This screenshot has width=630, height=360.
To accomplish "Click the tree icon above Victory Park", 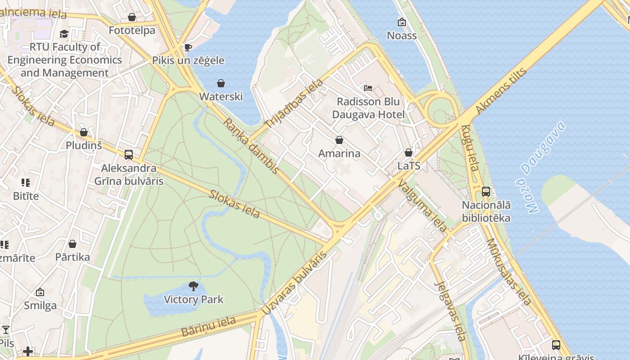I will pos(193,286).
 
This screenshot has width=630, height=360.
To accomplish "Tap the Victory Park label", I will pos(193,299).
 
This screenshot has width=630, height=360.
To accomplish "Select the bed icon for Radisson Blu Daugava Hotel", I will pos(368,88).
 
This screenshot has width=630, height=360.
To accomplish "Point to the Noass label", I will pos(402,36).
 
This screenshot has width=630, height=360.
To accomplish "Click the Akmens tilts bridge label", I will pos(500,91).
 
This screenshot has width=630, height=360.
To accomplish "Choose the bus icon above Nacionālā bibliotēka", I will pos(486,191).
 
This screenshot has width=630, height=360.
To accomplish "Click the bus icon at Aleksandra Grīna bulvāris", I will pos(129,155).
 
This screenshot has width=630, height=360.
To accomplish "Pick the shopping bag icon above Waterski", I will pos(221,83).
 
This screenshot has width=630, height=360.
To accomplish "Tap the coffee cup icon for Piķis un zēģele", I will pos(188,47).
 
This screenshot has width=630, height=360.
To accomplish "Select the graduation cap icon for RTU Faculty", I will pos(64,34).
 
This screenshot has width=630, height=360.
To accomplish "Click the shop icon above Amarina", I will pos(339,140).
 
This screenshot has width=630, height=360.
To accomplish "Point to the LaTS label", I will pos(409,166).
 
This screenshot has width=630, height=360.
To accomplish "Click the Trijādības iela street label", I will pos(294,104).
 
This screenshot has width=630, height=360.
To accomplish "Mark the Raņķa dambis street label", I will pos(251,146).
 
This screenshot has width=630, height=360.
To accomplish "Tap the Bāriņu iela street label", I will pos(208,327).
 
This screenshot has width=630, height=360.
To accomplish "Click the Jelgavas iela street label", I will pos(449,310).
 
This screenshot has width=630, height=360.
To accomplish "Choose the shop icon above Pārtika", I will pos(72,244).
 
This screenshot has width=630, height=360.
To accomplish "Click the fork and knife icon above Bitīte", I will pos(26,182).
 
